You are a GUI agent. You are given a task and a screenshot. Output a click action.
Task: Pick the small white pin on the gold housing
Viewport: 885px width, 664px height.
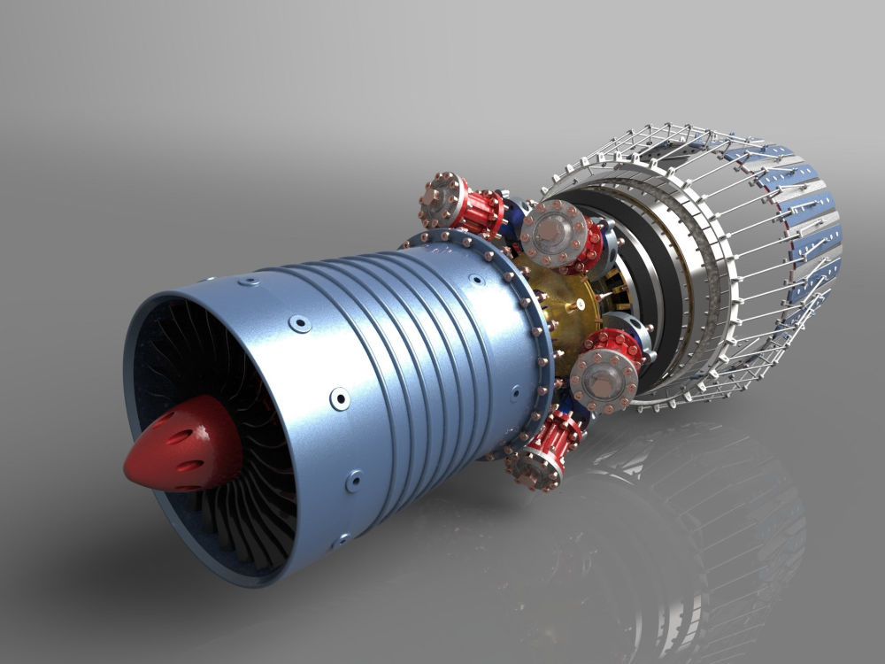576,305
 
